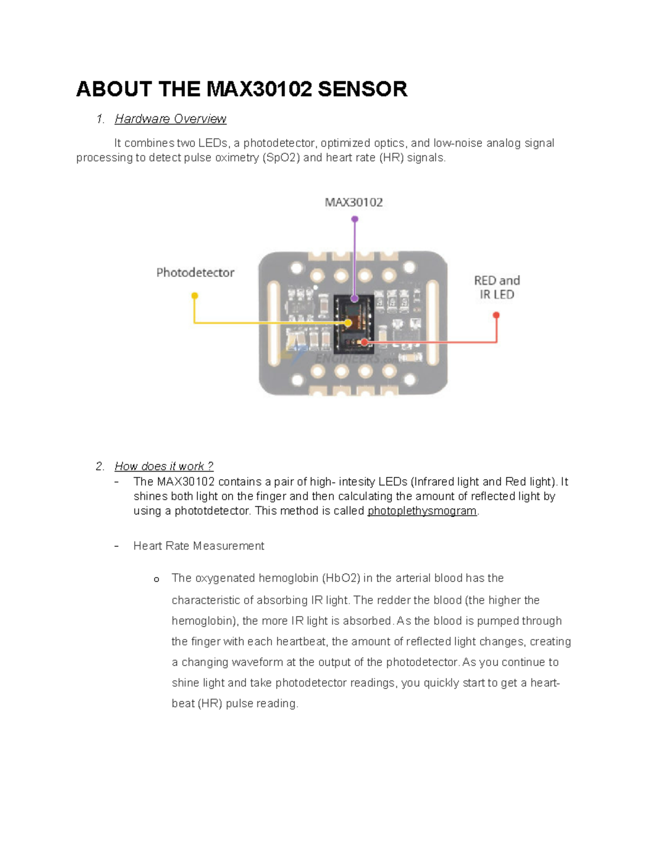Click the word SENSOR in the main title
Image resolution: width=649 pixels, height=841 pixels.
click(362, 89)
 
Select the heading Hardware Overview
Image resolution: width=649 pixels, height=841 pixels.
click(170, 119)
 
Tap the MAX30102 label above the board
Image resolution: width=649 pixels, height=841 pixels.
click(354, 203)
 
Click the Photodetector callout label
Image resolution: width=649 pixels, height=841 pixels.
click(195, 273)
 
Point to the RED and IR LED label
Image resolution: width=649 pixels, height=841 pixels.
click(496, 288)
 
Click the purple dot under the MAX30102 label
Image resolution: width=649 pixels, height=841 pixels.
click(355, 219)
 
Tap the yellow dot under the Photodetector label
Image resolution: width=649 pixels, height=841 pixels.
click(195, 296)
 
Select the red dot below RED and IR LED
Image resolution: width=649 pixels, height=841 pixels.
click(496, 315)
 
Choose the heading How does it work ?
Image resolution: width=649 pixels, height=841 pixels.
click(164, 466)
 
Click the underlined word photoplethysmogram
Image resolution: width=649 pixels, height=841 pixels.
click(422, 511)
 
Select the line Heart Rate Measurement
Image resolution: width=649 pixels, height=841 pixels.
click(198, 546)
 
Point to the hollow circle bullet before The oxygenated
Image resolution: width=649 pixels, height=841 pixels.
click(156, 579)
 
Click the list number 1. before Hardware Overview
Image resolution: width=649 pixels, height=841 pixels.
click(100, 119)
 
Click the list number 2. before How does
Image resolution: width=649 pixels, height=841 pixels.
click(100, 466)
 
